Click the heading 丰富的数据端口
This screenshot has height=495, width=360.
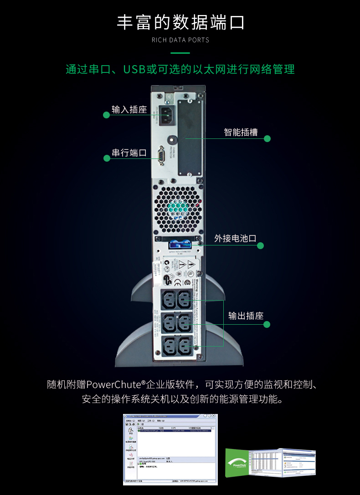coord(180,22)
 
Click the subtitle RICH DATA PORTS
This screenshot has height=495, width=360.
coord(180,40)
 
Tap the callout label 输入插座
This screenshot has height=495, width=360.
coord(129,109)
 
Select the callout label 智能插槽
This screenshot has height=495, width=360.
coord(241,133)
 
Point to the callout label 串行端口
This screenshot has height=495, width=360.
coord(129,153)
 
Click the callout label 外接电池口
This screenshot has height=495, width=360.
coord(235,239)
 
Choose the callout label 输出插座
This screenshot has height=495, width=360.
coord(246,316)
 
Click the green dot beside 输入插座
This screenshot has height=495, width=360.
coord(107,115)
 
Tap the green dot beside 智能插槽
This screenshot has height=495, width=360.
coord(267,138)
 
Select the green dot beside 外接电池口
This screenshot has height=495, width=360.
coord(261,246)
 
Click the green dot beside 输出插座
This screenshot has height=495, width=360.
coord(267,324)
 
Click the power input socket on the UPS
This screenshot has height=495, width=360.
coord(165,115)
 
